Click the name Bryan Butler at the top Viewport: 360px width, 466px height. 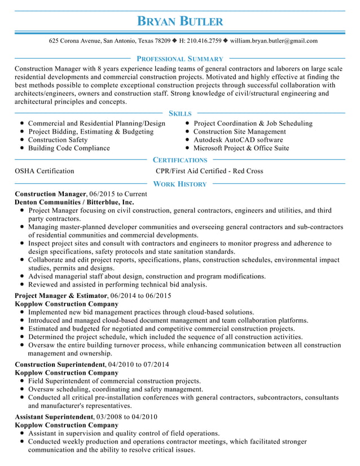[x=180, y=22]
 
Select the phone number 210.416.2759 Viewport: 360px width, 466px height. [x=204, y=41]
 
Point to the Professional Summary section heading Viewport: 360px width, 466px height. [x=180, y=59]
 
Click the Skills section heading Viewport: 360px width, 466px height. [x=180, y=113]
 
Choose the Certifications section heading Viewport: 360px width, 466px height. [x=180, y=160]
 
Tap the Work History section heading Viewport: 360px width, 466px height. [x=180, y=184]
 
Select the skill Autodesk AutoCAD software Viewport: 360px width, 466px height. [x=238, y=140]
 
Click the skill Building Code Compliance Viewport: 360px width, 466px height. [x=69, y=148]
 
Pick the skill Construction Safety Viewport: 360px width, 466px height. [x=58, y=140]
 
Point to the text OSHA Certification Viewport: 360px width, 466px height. [x=44, y=171]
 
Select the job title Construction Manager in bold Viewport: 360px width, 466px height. [x=50, y=194]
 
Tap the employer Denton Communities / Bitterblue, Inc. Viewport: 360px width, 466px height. [x=74, y=201]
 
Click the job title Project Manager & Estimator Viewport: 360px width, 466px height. [x=60, y=296]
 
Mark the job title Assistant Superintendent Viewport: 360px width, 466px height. [x=54, y=416]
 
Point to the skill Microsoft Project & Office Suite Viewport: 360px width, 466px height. [x=241, y=148]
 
